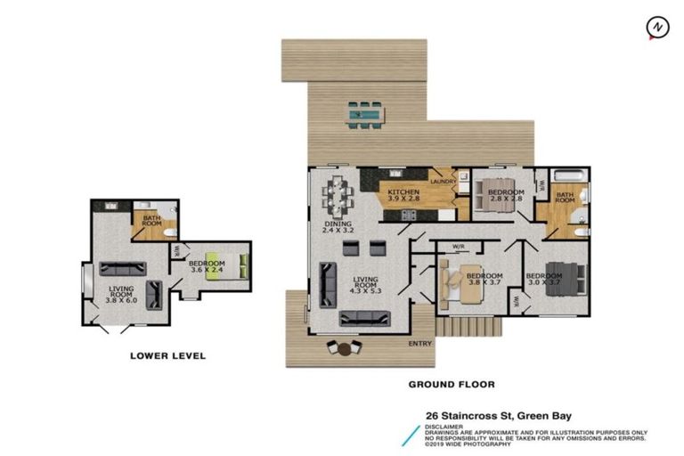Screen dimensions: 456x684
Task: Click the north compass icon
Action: [657, 28]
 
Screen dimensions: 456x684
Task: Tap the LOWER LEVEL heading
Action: [167, 355]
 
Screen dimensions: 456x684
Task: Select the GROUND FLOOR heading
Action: [452, 385]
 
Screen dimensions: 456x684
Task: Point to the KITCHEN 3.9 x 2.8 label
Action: [403, 196]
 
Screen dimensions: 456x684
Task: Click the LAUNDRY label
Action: [443, 183]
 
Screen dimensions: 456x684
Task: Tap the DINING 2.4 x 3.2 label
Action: [338, 224]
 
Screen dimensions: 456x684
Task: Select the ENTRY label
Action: [419, 343]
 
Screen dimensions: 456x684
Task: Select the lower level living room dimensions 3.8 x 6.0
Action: [123, 300]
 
